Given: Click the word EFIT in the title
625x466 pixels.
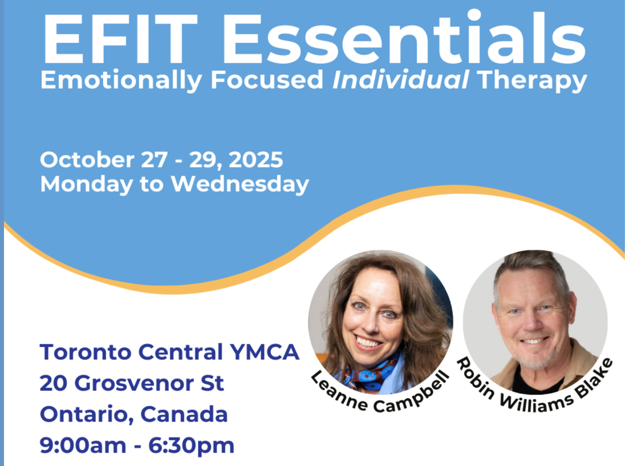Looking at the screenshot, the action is tap(120, 39).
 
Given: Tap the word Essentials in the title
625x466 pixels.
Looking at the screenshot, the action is tap(403, 37).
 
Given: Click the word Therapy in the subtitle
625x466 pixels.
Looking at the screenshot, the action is tap(531, 81).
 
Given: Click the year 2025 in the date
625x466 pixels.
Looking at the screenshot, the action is tap(256, 160).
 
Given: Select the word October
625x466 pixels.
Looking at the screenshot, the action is tap(87, 160).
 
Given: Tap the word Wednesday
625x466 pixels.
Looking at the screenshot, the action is tap(240, 185).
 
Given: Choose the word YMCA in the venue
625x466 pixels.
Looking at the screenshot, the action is tap(264, 352).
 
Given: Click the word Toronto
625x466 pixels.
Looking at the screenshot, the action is tap(86, 352).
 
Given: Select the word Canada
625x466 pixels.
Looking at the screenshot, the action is tap(184, 414).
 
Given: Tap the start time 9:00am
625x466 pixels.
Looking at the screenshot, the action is tap(83, 445).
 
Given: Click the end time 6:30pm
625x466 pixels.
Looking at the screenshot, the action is tap(192, 445).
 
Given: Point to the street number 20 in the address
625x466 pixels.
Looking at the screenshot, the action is tap(54, 383).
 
